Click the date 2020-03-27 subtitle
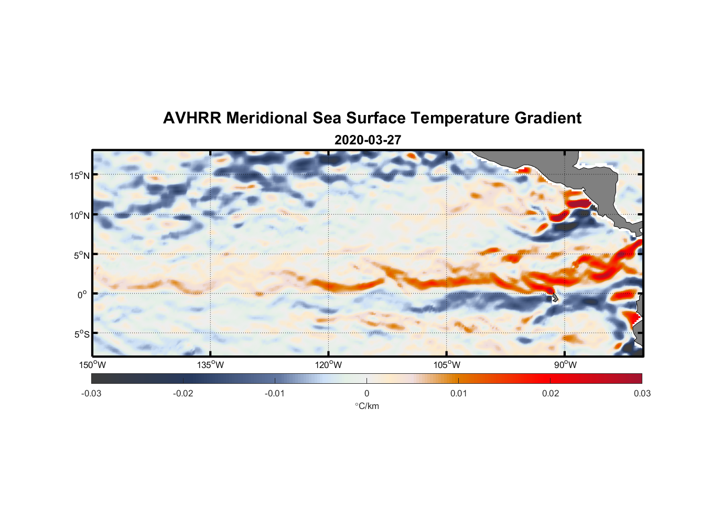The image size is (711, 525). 368,140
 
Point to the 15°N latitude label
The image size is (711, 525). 80,175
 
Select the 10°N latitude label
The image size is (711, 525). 80,215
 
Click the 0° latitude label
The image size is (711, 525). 82,295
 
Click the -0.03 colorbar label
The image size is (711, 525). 91,394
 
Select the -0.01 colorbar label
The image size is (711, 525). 275,394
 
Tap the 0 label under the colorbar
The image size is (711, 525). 367,394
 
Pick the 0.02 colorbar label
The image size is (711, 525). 551,394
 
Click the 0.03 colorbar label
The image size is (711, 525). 642,394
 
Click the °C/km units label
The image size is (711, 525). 367,406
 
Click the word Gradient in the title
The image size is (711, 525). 547,118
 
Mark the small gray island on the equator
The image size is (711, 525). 554,298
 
